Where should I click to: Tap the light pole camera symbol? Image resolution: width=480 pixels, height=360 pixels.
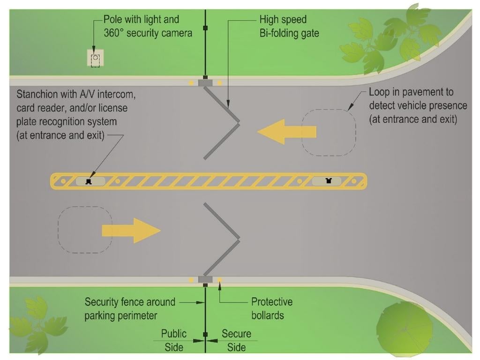click(x=95, y=59)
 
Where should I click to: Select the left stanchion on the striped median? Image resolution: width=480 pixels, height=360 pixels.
click(x=88, y=181)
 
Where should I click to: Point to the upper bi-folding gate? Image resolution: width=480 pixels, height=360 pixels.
click(x=222, y=123)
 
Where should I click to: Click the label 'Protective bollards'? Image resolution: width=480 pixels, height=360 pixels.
click(x=271, y=308)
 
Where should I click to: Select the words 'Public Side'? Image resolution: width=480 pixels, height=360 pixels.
click(x=173, y=340)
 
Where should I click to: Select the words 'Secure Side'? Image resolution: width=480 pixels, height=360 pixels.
click(x=236, y=340)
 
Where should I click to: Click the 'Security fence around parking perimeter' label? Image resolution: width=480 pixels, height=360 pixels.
click(x=130, y=308)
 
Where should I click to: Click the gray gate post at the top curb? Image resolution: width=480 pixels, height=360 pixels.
click(x=205, y=83)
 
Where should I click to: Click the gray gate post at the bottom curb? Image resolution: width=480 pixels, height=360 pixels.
click(x=205, y=280)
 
